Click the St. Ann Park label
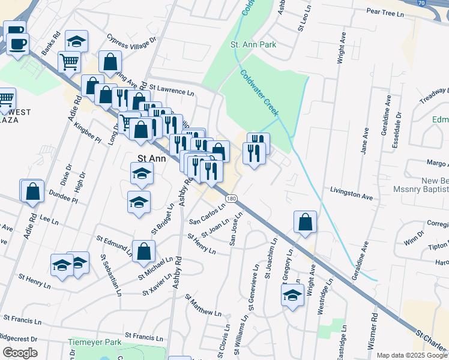[x=253, y=44]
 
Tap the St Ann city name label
[x=150, y=158]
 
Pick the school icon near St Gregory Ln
[x=292, y=295]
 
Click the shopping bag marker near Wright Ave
[x=306, y=221]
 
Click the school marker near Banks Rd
[x=76, y=41]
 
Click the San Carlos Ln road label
[x=207, y=215]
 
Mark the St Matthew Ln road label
[x=203, y=305]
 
